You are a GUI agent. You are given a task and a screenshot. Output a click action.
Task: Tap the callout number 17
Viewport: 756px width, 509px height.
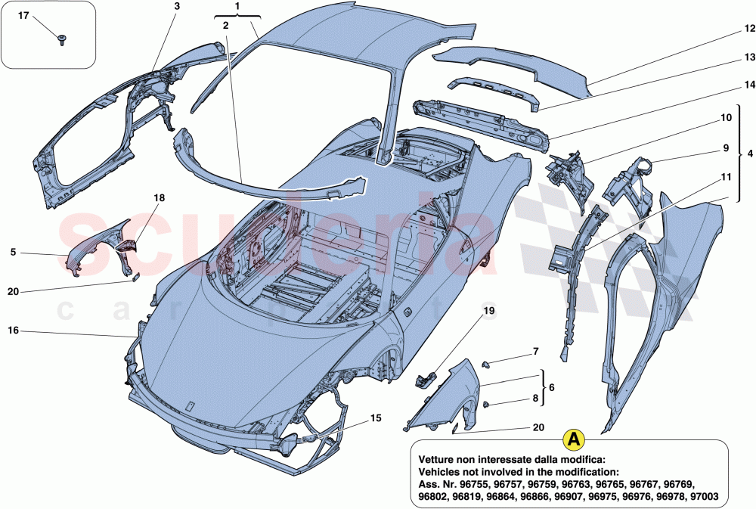(x=23, y=16)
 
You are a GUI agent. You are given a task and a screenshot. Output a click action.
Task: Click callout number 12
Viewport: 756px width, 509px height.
(x=748, y=29)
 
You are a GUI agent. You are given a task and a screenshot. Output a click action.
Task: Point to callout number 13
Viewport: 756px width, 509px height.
(x=748, y=57)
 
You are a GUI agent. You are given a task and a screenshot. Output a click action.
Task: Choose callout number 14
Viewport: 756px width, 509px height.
(x=748, y=85)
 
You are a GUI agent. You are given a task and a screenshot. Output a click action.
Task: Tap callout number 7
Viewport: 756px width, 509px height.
(x=535, y=352)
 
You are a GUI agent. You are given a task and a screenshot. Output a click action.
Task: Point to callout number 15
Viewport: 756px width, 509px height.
(x=375, y=417)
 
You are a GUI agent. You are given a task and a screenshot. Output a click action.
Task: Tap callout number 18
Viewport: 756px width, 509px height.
(x=159, y=197)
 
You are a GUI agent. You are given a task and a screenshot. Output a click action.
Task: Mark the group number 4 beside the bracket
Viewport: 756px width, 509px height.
(x=749, y=154)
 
